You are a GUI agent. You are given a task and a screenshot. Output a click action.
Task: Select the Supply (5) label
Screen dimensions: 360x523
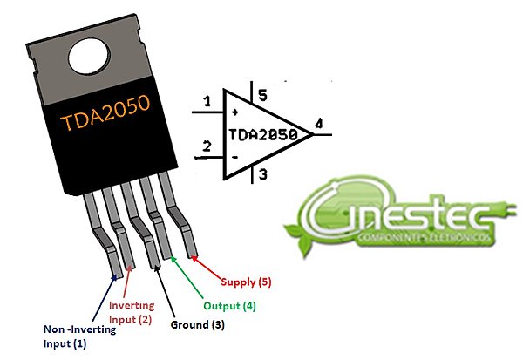[246, 282]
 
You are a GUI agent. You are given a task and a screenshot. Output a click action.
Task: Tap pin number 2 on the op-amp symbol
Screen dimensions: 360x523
[207, 145]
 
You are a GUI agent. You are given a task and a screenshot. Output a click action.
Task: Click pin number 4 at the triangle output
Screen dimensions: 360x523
[320, 125]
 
